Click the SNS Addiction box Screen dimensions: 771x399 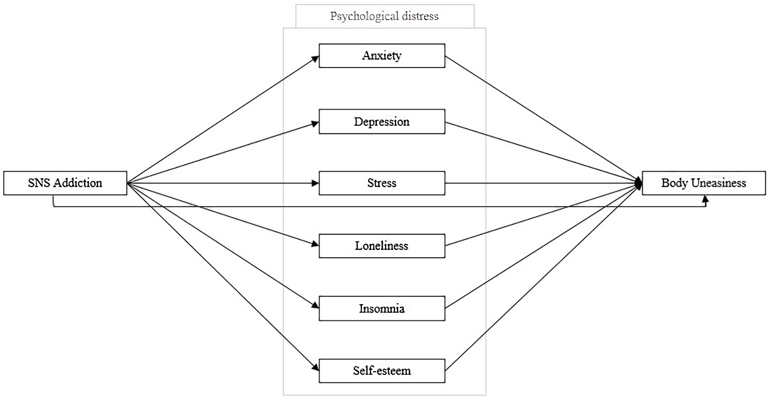click(x=65, y=183)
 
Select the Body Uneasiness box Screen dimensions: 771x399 click(x=704, y=183)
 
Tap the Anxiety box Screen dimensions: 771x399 click(x=382, y=56)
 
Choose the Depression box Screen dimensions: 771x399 click(x=382, y=122)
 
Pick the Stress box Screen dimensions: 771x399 click(x=382, y=183)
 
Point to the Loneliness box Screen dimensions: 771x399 click(x=382, y=246)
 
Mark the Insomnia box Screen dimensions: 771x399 click(x=382, y=308)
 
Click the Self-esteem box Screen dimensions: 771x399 click(x=382, y=371)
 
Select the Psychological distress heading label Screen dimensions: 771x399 click(x=385, y=17)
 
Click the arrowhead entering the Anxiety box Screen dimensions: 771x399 click(x=315, y=59)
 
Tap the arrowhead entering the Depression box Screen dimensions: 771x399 click(x=315, y=124)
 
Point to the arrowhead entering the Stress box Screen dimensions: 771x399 click(x=315, y=183)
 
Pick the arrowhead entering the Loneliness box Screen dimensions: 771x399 click(x=315, y=244)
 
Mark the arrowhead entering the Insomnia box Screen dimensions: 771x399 click(x=315, y=305)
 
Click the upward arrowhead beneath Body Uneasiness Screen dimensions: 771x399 click(x=705, y=199)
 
